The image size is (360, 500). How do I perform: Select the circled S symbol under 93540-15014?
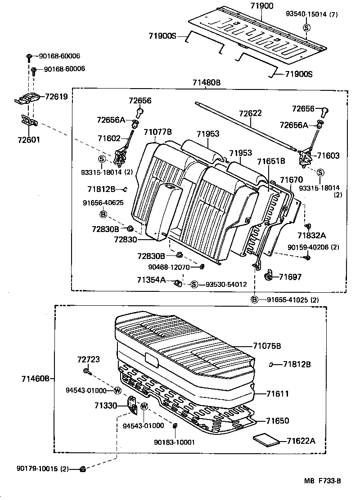[x=306, y=27]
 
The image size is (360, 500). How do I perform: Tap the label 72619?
[x=55, y=97]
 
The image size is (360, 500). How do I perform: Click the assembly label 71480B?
[x=207, y=83]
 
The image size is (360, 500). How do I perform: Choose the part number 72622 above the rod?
[x=250, y=113]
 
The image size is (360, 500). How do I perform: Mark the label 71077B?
[x=157, y=132]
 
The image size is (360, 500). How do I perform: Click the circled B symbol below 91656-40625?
[x=103, y=214]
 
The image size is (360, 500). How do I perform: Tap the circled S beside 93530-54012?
[x=194, y=284]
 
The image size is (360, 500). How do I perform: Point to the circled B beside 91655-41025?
[x=255, y=300]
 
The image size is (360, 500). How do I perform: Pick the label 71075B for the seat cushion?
[x=267, y=346]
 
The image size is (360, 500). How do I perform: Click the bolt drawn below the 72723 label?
[x=86, y=371]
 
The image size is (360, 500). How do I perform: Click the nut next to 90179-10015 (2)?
[x=83, y=469]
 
